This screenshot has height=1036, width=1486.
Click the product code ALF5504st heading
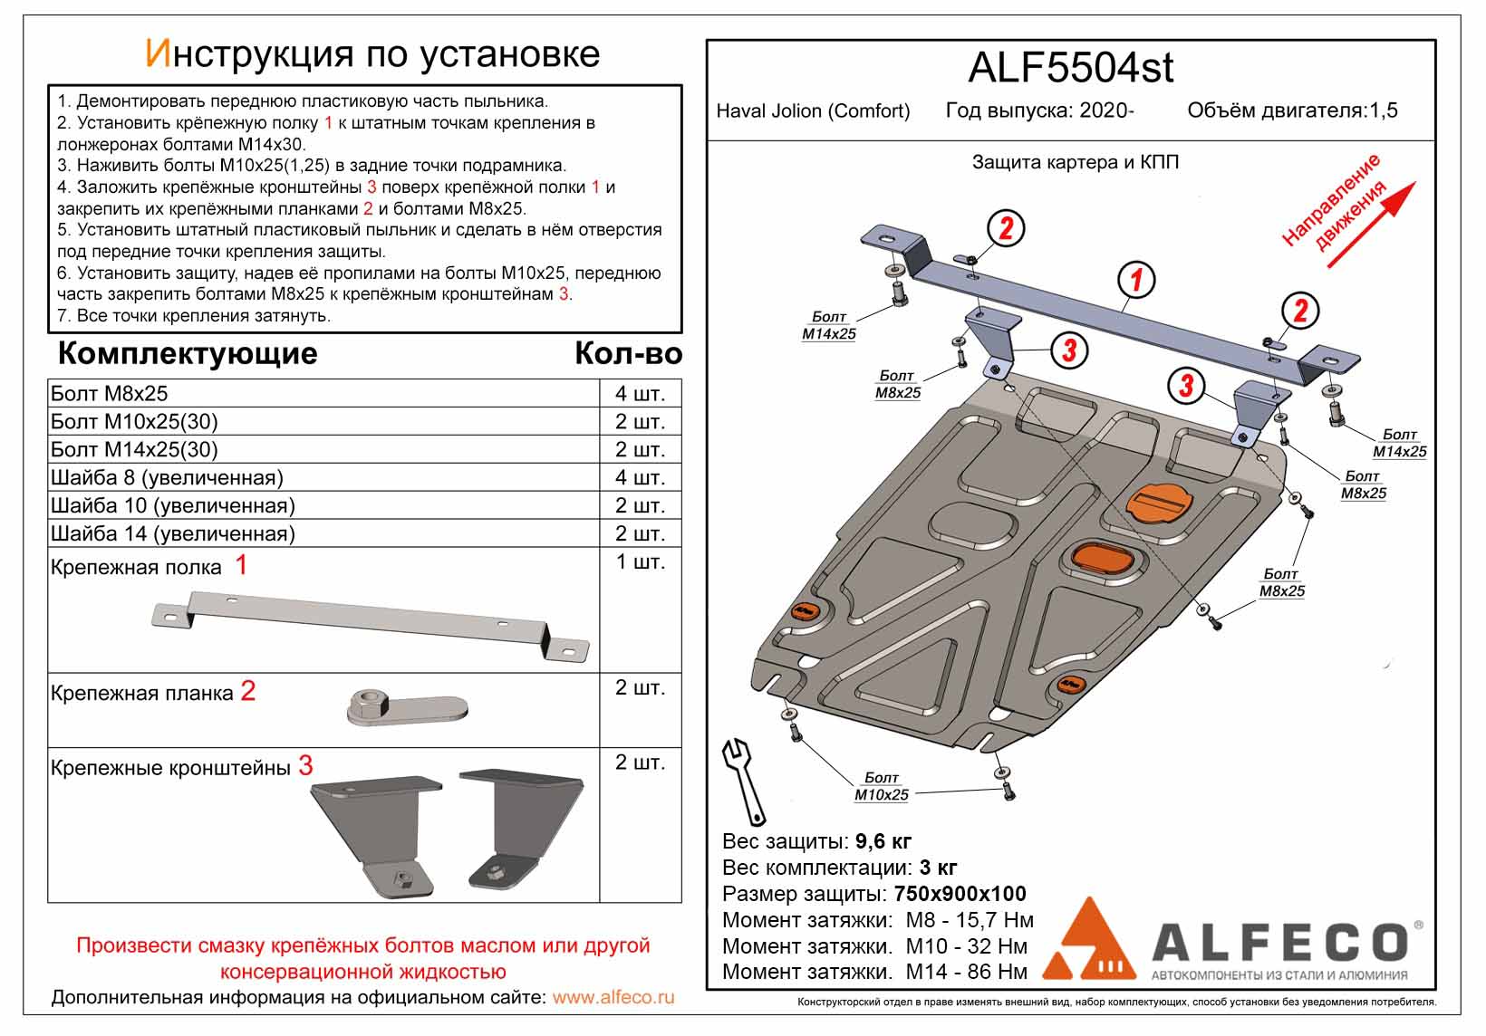coord(1070,69)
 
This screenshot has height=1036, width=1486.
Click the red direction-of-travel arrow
coord(1371,225)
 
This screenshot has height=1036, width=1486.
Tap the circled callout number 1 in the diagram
coord(1135,281)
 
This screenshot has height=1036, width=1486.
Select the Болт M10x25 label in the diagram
coord(881,786)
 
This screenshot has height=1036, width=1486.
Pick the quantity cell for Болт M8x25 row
coord(640,394)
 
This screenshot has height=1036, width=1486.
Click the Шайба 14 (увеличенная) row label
coord(173,533)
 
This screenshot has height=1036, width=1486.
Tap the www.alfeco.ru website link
coord(613,997)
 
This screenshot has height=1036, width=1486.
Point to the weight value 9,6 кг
coord(883,841)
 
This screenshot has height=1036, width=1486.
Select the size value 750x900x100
coord(960,894)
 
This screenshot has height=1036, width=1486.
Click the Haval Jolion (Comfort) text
coord(813,111)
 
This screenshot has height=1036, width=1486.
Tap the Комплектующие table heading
coord(188,353)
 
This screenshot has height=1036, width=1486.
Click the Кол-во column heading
coord(628,353)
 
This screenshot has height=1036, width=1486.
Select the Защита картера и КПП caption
coord(1076,163)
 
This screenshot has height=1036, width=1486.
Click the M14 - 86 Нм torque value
coord(967,973)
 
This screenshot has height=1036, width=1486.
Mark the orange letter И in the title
coord(157,54)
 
